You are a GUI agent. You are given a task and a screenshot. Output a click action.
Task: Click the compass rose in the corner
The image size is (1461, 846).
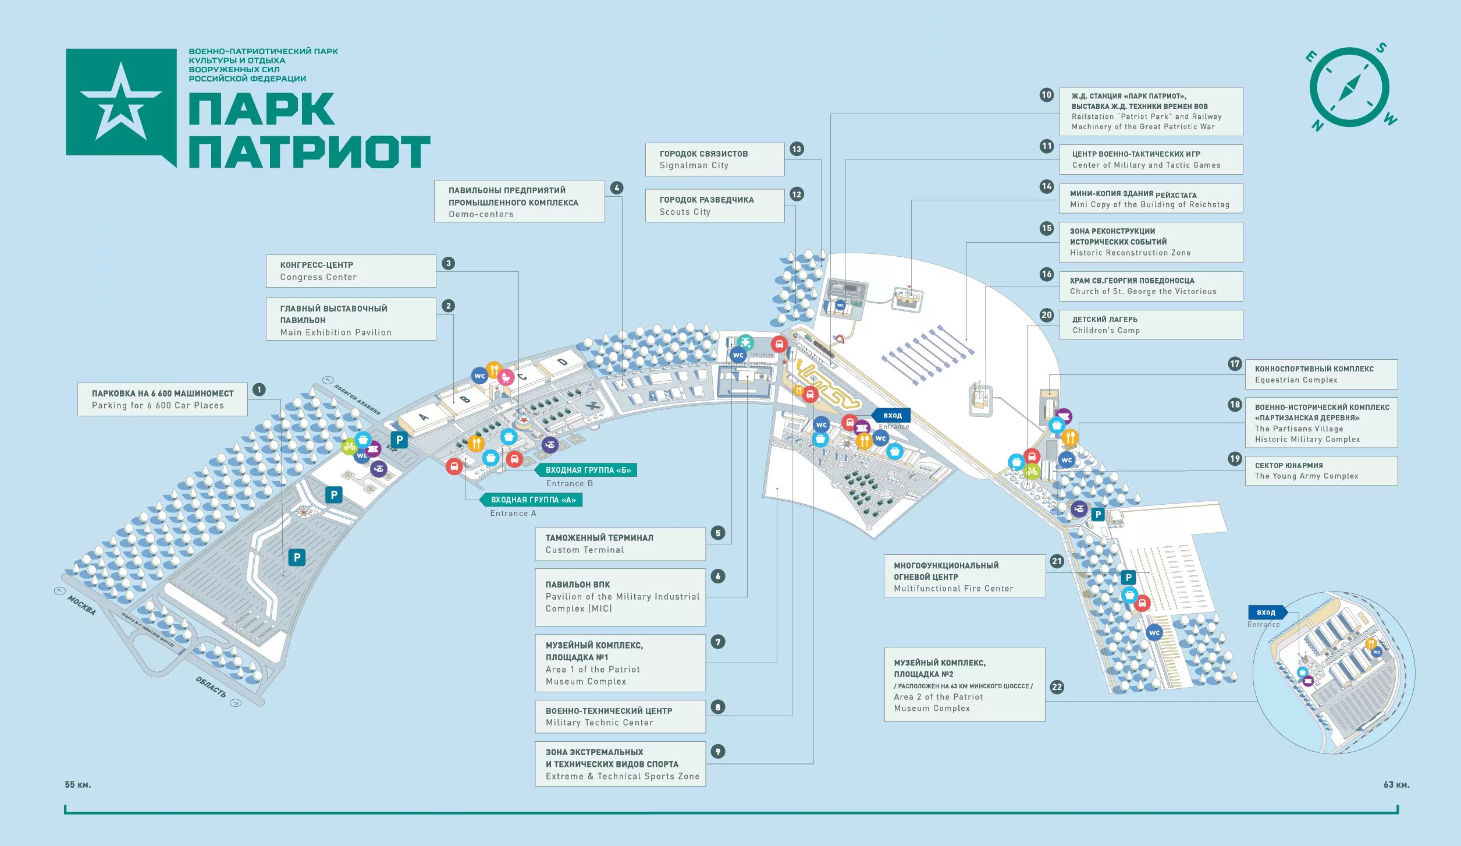(1349, 88)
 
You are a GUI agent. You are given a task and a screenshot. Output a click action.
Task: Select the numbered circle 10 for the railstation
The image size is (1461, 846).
(1046, 95)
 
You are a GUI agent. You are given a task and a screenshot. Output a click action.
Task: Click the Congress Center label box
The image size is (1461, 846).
(350, 271)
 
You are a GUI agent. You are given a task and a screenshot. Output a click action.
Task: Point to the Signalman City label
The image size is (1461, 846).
(714, 160)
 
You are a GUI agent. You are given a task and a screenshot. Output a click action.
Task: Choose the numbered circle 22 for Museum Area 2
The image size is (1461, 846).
(1057, 687)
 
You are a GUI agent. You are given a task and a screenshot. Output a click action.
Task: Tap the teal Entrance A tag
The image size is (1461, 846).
(532, 500)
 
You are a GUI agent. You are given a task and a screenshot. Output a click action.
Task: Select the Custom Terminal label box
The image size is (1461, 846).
(620, 544)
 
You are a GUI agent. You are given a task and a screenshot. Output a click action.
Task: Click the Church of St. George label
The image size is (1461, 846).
(1150, 286)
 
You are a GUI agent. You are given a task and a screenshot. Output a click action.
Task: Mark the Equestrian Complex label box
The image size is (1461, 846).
(1321, 374)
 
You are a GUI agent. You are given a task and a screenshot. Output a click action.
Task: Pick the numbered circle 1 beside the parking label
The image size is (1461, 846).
(259, 390)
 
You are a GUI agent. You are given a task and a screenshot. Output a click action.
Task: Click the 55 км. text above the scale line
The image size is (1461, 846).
(78, 785)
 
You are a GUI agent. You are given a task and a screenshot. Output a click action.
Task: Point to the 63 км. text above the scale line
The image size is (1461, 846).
(1396, 785)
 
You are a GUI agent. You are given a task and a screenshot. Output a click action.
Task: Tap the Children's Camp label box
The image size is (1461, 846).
(1150, 325)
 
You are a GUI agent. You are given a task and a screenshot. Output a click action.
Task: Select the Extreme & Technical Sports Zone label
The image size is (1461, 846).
(620, 764)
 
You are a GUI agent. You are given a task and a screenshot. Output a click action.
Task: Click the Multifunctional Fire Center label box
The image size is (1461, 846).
(964, 576)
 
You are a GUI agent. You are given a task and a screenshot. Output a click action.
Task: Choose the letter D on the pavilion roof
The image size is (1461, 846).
(562, 362)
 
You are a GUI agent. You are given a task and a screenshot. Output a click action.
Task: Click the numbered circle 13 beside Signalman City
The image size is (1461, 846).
(797, 149)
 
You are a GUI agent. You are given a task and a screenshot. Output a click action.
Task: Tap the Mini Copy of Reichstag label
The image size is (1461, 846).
(1150, 199)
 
